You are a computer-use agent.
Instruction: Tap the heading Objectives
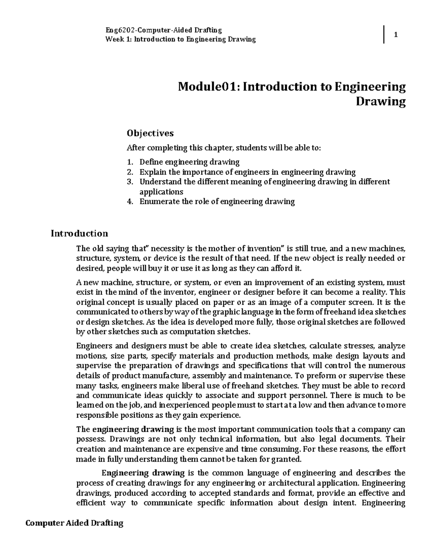coord(150,133)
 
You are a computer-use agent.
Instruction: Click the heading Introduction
coord(79,233)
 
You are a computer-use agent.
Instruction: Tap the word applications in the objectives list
coord(161,192)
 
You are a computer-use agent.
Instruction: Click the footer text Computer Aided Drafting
coord(74,523)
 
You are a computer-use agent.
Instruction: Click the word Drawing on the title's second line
coord(380,102)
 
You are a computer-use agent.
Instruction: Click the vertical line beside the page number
coord(384,35)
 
